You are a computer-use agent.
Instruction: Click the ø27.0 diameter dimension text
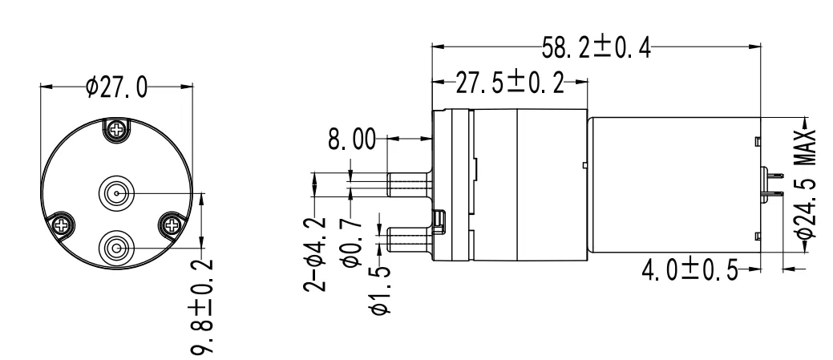pos(116,87)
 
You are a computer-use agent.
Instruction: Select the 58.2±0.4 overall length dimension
pos(594,49)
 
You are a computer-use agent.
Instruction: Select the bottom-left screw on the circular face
pos(61,226)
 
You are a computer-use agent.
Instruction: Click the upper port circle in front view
pos(115,193)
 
